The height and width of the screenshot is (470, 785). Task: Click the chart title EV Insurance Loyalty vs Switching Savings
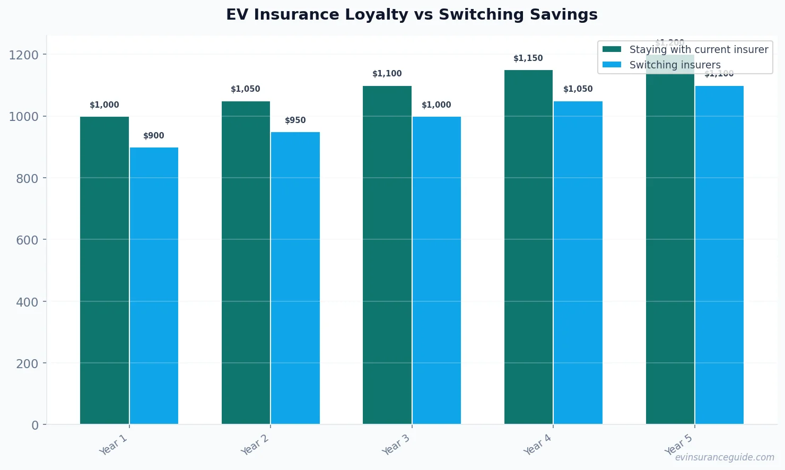(412, 15)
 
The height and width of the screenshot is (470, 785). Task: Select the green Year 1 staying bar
(104, 271)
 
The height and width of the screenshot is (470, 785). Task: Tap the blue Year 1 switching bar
(154, 286)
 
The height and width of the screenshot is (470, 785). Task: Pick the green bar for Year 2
(246, 263)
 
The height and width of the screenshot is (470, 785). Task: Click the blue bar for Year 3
(437, 271)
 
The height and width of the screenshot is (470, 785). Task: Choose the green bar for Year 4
(528, 247)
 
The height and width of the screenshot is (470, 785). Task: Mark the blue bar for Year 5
(719, 255)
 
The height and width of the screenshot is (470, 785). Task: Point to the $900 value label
(154, 136)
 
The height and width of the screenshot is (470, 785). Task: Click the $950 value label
(295, 120)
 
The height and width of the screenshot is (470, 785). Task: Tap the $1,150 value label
(528, 58)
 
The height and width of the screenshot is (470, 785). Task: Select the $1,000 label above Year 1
(104, 105)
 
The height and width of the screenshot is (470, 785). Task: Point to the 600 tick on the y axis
(27, 240)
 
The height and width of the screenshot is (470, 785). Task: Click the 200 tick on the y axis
(27, 364)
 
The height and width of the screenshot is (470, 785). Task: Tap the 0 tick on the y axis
(35, 425)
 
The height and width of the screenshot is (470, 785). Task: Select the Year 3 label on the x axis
(396, 445)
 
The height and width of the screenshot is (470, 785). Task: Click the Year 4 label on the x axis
(537, 445)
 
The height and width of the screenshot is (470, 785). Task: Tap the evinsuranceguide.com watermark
(725, 457)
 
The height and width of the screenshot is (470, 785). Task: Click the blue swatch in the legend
(612, 65)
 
